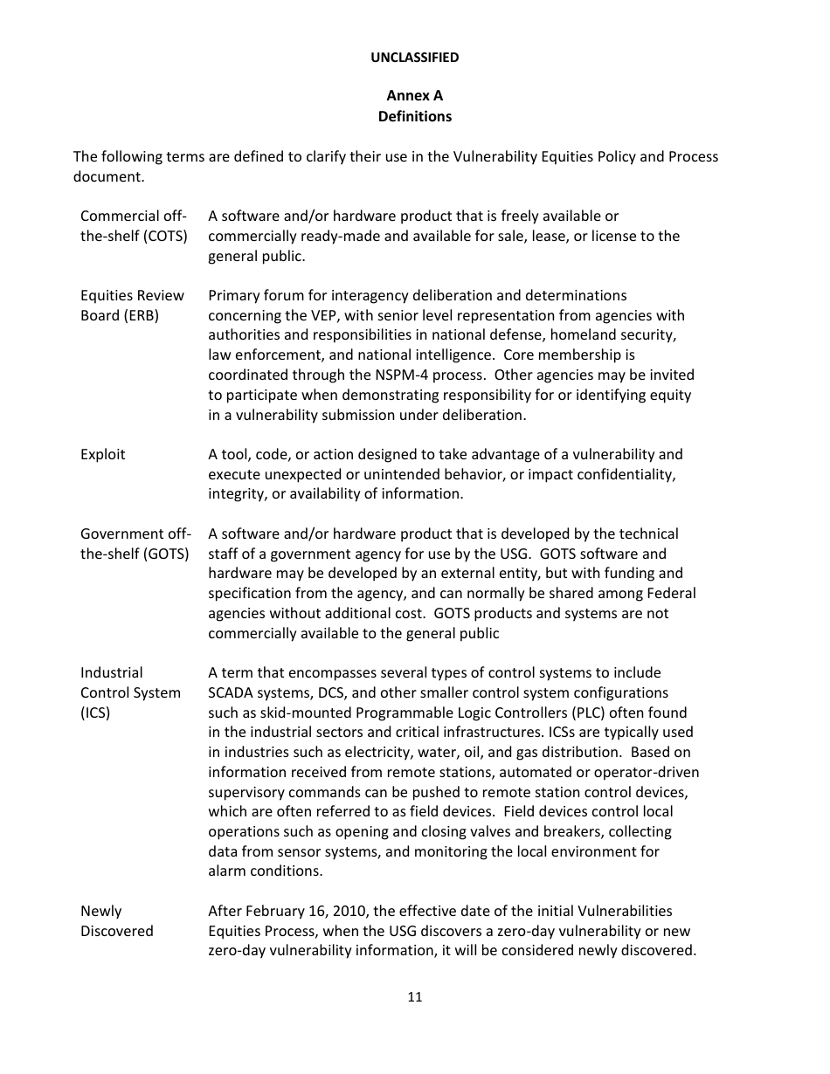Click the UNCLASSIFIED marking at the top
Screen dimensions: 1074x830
pos(414,58)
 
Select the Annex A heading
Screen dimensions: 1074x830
pos(414,95)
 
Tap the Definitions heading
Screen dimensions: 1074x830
pos(414,116)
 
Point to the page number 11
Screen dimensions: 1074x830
pos(414,997)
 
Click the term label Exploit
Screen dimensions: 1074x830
pos(103,454)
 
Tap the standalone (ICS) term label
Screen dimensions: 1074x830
pos(95,713)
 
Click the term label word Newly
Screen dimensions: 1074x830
pos(101,911)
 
